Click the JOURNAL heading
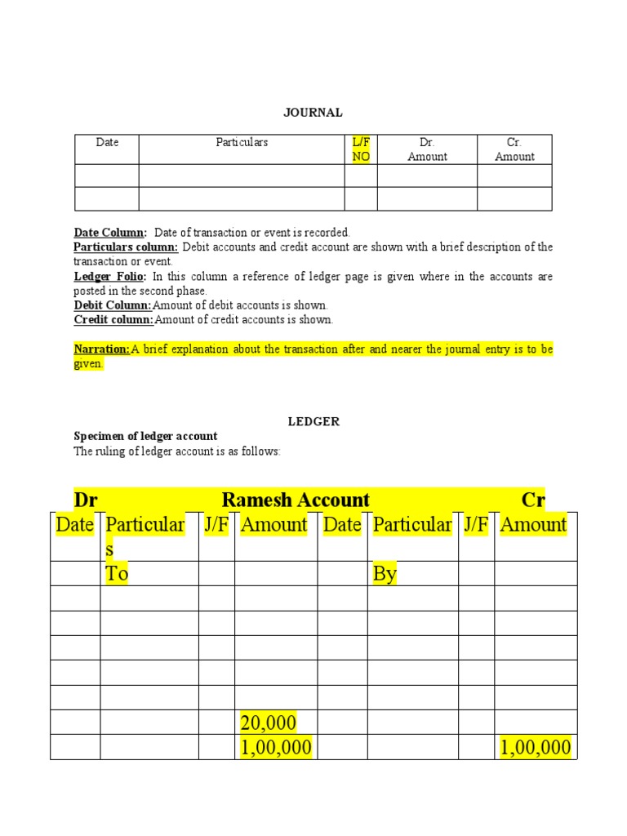point(313,113)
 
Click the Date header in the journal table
point(107,142)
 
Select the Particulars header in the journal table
point(242,142)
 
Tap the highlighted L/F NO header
point(361,149)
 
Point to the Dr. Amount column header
point(427,149)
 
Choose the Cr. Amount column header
point(514,149)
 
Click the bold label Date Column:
point(110,233)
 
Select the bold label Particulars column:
point(126,247)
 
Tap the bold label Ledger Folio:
point(110,277)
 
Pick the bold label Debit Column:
point(113,305)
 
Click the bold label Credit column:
point(113,320)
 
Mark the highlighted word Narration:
point(102,349)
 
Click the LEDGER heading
point(313,421)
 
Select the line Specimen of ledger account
point(145,436)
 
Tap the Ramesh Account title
point(296,500)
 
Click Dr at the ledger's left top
point(86,500)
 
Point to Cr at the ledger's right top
point(533,500)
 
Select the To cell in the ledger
point(118,574)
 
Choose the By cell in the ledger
point(385,574)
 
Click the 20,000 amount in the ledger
point(268,723)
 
